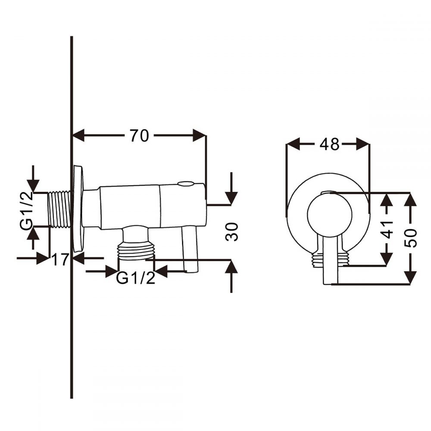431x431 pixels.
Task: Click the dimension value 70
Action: click(x=139, y=136)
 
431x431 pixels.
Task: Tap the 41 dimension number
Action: click(x=387, y=229)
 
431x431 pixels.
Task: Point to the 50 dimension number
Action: click(x=410, y=238)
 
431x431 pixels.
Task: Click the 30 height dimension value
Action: click(x=231, y=232)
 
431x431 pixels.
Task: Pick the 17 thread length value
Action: click(x=60, y=259)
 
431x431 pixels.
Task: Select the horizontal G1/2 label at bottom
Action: click(x=135, y=278)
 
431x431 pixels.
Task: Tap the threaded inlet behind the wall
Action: click(x=59, y=210)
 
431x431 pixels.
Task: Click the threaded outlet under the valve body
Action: click(x=136, y=250)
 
